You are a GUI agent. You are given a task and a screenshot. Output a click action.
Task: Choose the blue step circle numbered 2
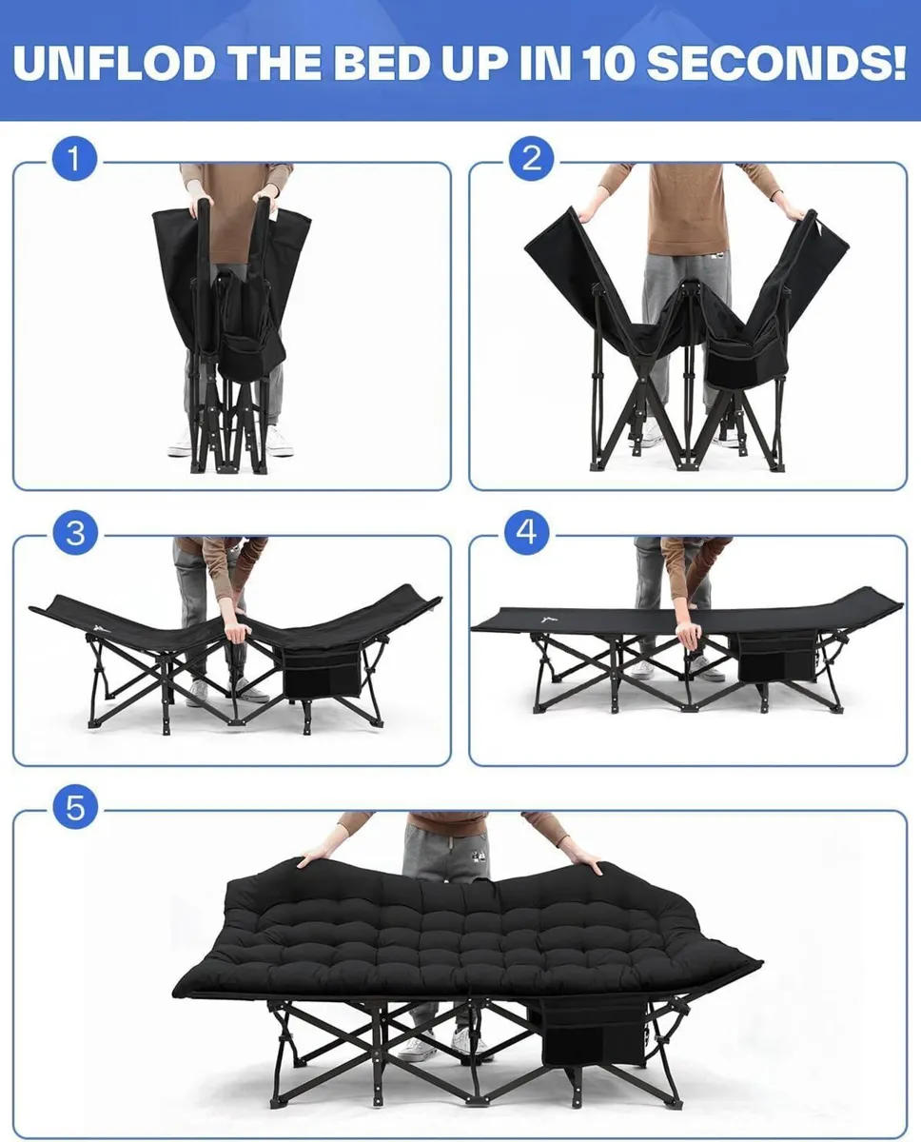tap(531, 159)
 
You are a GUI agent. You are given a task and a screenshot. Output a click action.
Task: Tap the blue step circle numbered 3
tap(75, 534)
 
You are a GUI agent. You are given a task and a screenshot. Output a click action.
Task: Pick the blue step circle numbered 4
tap(526, 533)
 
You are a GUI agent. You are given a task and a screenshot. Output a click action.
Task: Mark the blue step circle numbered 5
tap(75, 810)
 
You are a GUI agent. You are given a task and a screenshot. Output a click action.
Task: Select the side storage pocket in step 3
tap(323, 672)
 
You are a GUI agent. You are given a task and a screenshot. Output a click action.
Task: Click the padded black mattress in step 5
tap(457, 933)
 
